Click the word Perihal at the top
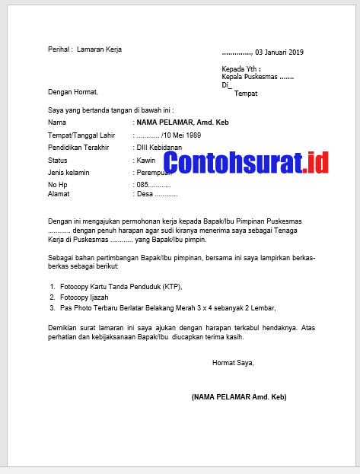(59, 49)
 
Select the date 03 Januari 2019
(279, 52)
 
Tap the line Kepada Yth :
(240, 68)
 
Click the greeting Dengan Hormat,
(73, 92)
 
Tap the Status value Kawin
(146, 161)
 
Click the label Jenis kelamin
(68, 173)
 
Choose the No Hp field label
(58, 185)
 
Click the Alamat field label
(59, 195)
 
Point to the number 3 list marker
(53, 308)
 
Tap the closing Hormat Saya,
(233, 363)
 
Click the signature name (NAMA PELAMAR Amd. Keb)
(239, 396)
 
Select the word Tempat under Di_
(246, 93)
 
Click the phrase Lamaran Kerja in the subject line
(100, 49)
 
